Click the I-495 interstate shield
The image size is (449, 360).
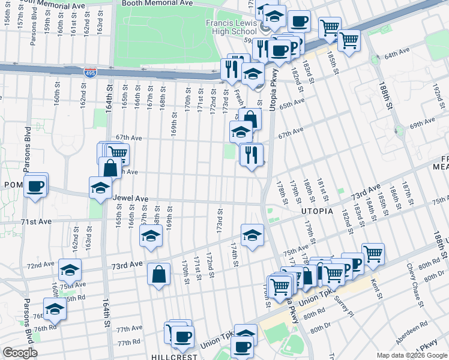tap(91, 72)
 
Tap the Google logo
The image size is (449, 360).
tap(20, 353)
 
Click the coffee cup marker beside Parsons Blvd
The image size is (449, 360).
tap(36, 185)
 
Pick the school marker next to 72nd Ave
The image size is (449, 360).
tap(70, 269)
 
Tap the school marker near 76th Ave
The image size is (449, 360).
tap(55, 308)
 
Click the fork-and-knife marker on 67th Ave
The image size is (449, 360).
tap(252, 154)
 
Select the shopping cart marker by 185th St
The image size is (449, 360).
tap(349, 40)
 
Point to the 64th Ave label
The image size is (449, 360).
tap(396, 55)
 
